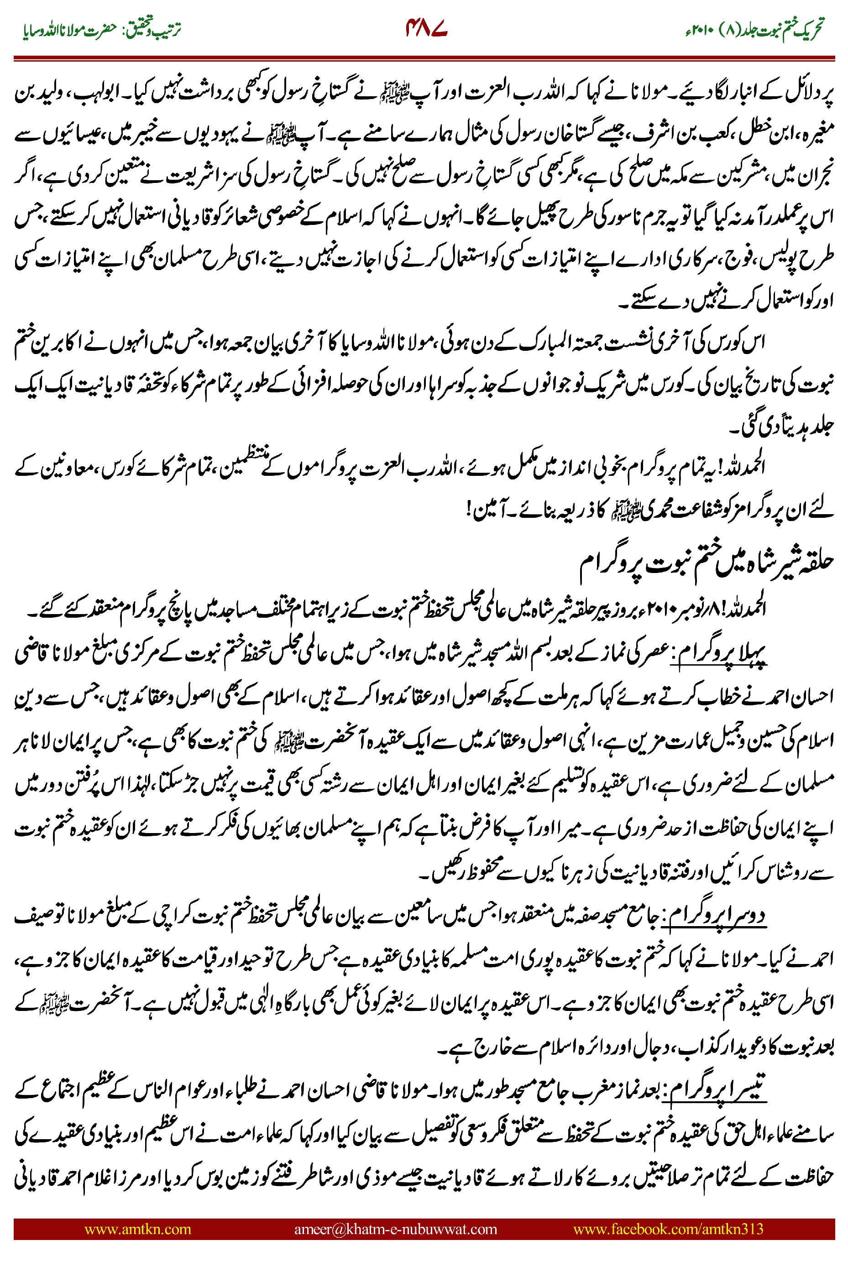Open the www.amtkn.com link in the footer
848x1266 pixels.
tap(137, 1229)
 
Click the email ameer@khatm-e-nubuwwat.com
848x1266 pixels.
tap(395, 1229)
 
